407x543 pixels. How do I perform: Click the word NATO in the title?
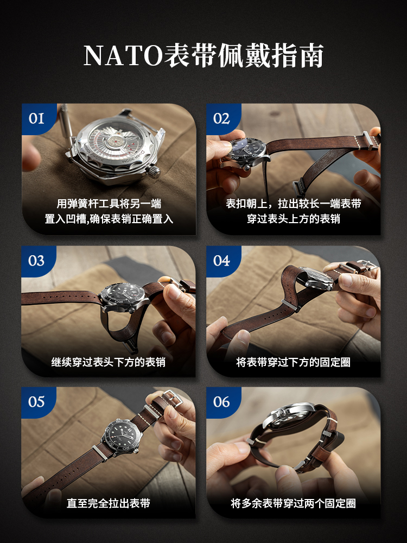[123, 55]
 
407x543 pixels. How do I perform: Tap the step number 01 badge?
[37, 118]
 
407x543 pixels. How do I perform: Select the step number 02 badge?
[222, 118]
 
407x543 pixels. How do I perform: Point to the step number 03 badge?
[37, 261]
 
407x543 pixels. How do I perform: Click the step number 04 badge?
[222, 261]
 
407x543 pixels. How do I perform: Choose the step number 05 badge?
[37, 402]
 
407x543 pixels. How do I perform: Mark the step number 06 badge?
[222, 402]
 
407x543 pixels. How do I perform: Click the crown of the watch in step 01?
[154, 171]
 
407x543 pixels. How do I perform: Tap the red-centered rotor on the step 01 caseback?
[112, 142]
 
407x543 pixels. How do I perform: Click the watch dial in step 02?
[245, 149]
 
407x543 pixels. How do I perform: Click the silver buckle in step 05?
[173, 398]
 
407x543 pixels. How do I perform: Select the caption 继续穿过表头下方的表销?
[109, 362]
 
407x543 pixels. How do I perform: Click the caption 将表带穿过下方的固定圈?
[294, 362]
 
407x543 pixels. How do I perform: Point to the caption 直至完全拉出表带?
[109, 503]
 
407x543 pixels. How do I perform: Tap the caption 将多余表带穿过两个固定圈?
[294, 503]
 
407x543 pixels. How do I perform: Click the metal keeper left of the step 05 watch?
[100, 453]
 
